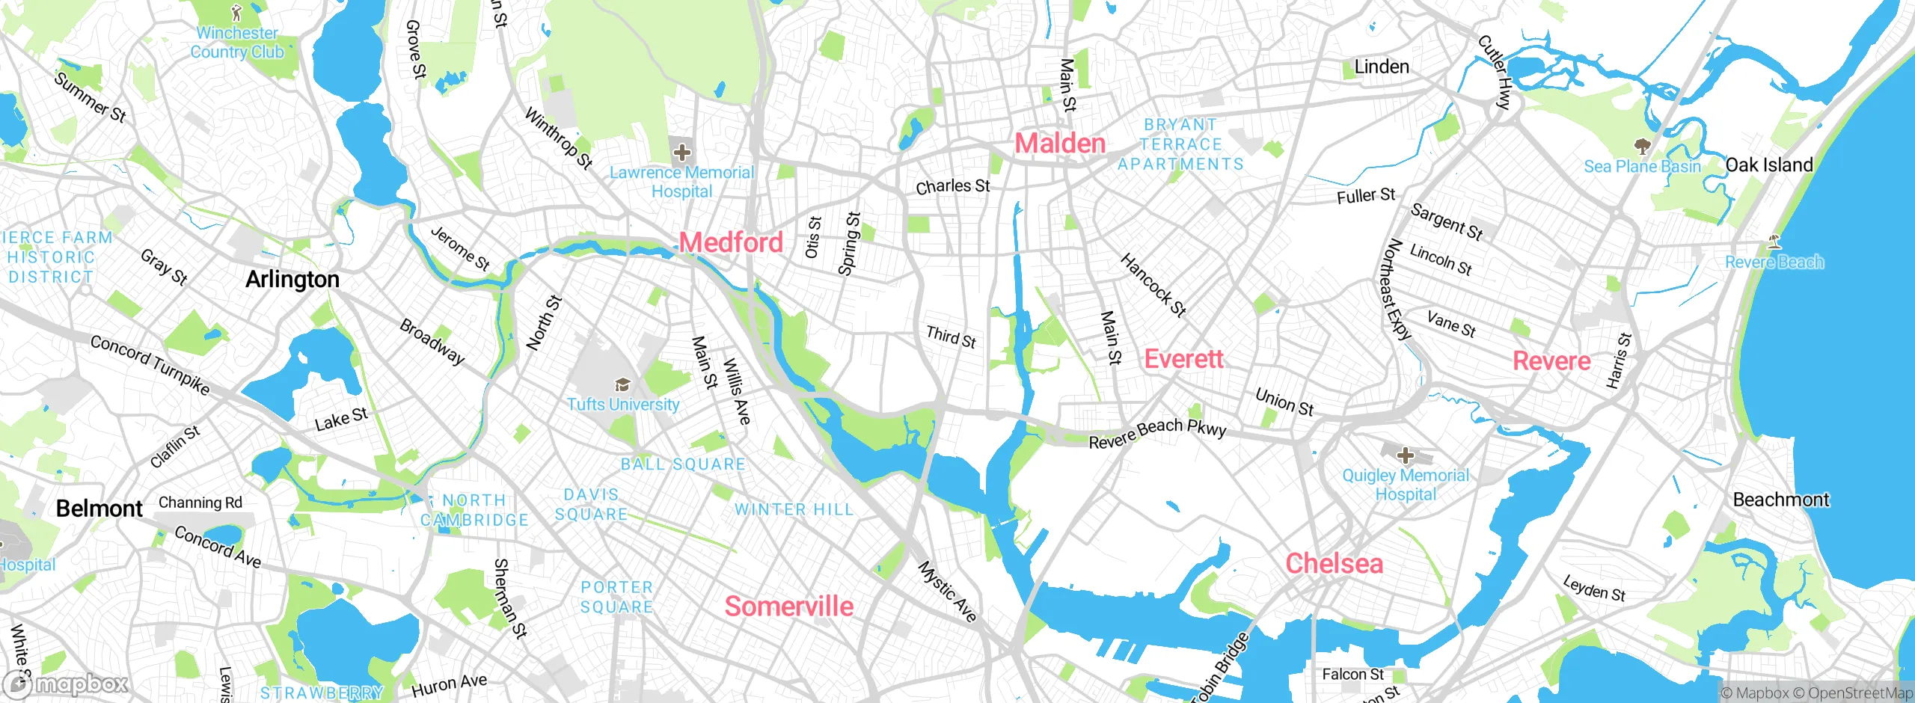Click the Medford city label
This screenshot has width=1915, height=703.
pyautogui.click(x=731, y=242)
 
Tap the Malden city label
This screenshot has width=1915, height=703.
pyautogui.click(x=1060, y=143)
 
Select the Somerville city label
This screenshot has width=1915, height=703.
pyautogui.click(x=788, y=606)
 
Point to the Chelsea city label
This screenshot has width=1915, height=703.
pyautogui.click(x=1334, y=563)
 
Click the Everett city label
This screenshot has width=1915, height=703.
pyautogui.click(x=1183, y=359)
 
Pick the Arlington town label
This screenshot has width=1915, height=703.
pyautogui.click(x=292, y=279)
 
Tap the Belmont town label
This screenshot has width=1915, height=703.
pyautogui.click(x=99, y=509)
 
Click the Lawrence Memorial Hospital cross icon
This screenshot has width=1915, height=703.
pyautogui.click(x=681, y=153)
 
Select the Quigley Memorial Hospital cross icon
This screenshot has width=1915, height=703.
pyautogui.click(x=1405, y=455)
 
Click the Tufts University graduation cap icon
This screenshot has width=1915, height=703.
pyautogui.click(x=622, y=385)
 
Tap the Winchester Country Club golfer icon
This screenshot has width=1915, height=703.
pyautogui.click(x=237, y=13)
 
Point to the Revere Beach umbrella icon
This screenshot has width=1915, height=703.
pyautogui.click(x=1774, y=242)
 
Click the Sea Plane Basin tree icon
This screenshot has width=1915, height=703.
pyautogui.click(x=1642, y=145)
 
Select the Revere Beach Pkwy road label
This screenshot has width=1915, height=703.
pyautogui.click(x=1157, y=433)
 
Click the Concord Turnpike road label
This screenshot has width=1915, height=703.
pyautogui.click(x=150, y=364)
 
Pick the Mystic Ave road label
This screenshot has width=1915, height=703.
pyautogui.click(x=947, y=592)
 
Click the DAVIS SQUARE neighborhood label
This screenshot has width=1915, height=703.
pyautogui.click(x=591, y=505)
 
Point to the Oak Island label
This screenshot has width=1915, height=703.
pyautogui.click(x=1768, y=165)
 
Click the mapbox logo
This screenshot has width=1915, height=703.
pyautogui.click(x=66, y=684)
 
